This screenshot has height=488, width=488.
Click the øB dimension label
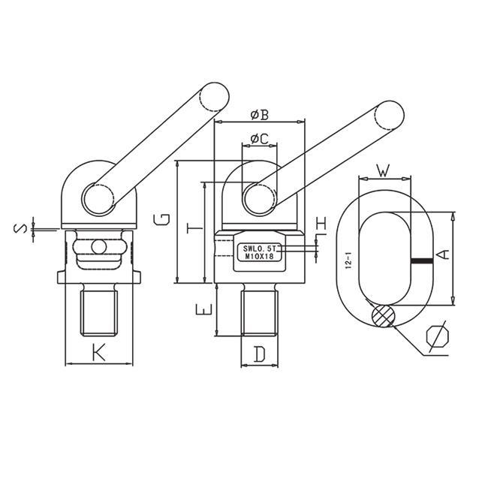260,115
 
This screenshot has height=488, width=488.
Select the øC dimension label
260,139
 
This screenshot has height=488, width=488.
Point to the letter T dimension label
194,228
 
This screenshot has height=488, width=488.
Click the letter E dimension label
204,309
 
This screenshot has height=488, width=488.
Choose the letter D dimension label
259,354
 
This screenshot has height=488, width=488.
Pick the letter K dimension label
98,352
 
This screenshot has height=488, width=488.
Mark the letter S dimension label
20,230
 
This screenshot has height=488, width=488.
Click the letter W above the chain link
383,170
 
